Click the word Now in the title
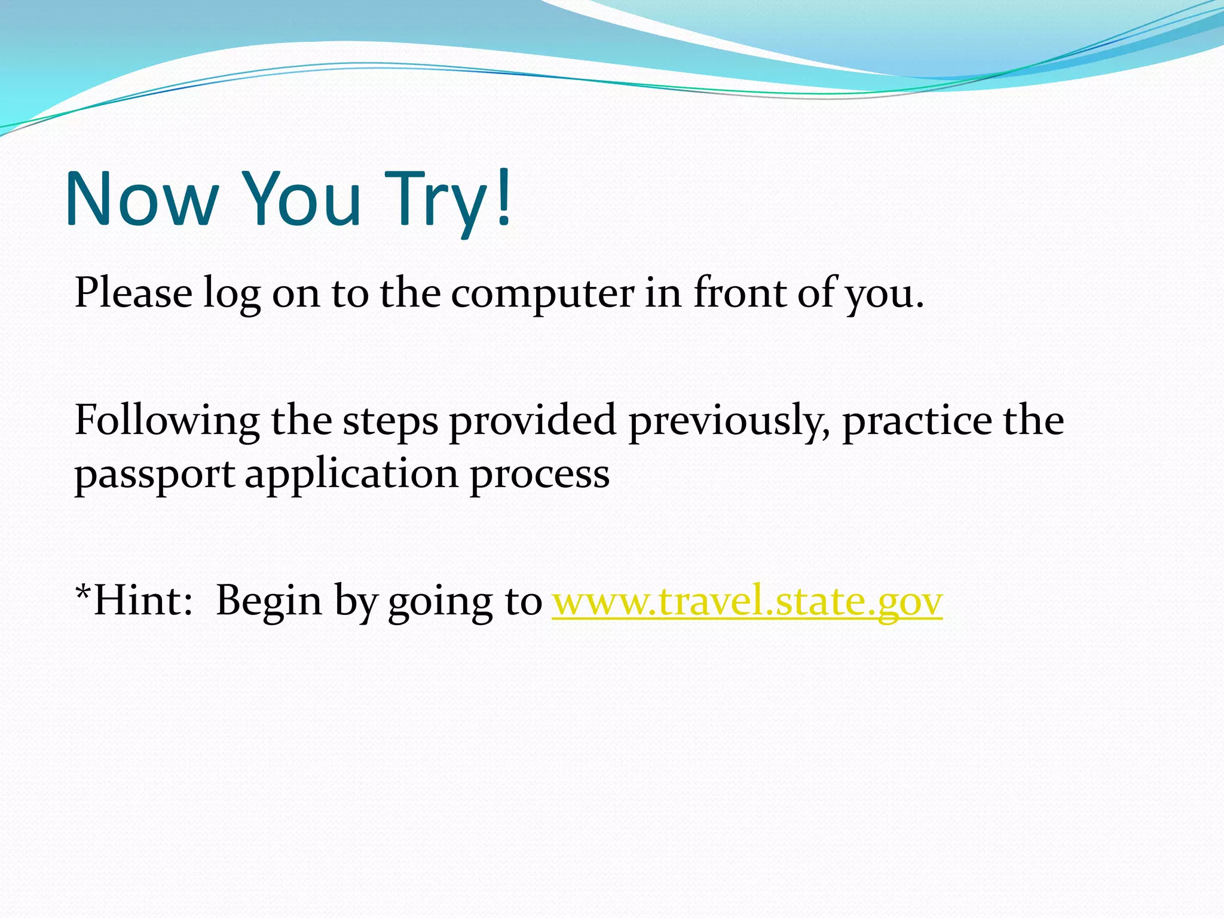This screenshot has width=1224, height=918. [x=142, y=198]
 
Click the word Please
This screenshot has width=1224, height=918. [x=133, y=293]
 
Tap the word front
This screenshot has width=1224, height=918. [x=740, y=293]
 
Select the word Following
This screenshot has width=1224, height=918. [x=167, y=421]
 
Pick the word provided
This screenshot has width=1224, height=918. [x=533, y=421]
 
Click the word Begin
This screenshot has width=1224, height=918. [x=269, y=601]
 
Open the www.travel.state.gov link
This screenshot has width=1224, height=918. [x=747, y=601]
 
